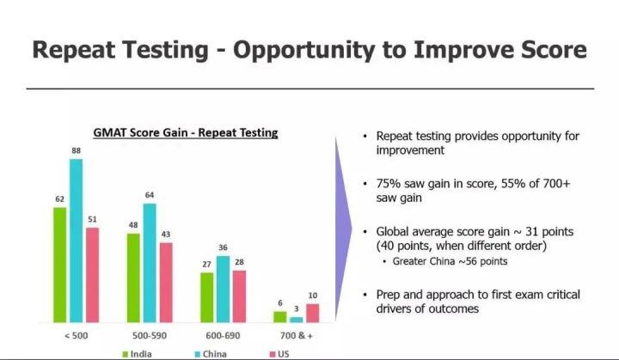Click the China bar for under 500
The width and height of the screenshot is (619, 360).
coord(77,241)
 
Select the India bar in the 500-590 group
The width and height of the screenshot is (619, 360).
coord(133,278)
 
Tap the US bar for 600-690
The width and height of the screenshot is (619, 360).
coord(239,296)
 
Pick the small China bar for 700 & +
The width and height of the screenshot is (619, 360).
coord(297,320)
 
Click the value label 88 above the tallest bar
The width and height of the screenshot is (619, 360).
coord(77,150)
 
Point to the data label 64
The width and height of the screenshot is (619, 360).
coord(150,195)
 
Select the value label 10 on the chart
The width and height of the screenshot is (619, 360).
coord(313,296)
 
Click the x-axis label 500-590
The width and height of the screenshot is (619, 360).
coord(150,336)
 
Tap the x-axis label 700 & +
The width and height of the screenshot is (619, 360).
coord(297,336)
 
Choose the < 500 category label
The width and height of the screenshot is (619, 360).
coord(77,336)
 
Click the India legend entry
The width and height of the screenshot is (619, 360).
coord(137,354)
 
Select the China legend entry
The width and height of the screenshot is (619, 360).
coord(211,354)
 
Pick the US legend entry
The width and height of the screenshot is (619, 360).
coord(279,354)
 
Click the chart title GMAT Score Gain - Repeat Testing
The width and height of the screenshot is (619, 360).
coord(186,132)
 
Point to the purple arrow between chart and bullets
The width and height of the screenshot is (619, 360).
coord(343,229)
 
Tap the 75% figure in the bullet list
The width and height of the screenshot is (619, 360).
coord(388,184)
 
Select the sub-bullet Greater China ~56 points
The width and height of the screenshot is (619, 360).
coord(450,261)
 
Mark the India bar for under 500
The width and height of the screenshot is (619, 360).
coord(60,265)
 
